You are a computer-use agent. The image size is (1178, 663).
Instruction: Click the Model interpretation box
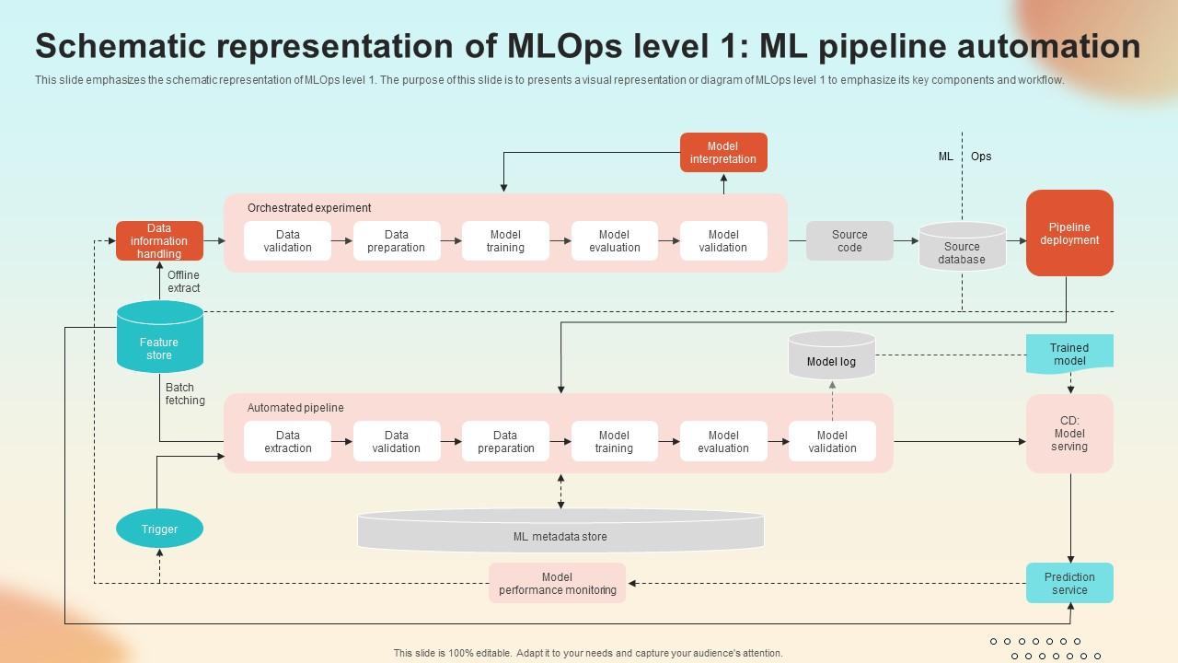click(723, 153)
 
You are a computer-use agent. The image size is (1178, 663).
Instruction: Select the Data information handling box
click(159, 241)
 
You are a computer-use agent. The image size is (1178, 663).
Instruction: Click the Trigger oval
click(159, 529)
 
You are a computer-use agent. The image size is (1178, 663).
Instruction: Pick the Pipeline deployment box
click(1069, 234)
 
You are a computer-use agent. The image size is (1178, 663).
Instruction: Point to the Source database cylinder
click(962, 249)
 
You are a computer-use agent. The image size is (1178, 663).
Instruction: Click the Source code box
click(849, 241)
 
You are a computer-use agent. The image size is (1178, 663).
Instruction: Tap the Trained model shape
click(1069, 355)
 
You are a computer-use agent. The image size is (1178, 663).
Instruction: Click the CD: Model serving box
click(1069, 434)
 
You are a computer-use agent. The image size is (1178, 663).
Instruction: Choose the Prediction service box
click(1069, 584)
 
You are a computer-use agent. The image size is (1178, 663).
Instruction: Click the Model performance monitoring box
click(557, 584)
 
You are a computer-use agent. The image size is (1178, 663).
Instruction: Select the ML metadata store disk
click(560, 532)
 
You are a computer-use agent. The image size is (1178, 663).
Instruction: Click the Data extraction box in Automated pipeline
click(288, 442)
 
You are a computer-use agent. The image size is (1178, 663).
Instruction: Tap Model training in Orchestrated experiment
click(505, 241)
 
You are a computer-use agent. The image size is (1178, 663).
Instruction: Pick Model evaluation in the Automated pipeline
click(723, 442)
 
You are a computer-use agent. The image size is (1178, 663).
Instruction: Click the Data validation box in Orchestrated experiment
click(288, 241)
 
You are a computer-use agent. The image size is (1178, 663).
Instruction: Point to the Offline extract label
click(184, 282)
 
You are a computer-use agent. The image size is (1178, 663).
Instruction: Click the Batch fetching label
click(185, 394)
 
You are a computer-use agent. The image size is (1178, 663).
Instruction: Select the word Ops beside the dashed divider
click(981, 157)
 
